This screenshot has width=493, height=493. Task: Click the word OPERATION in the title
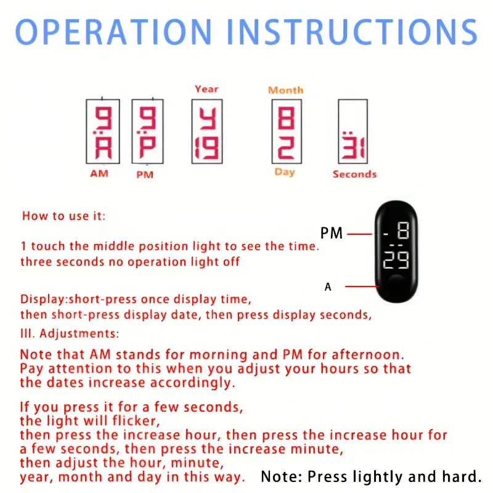pos(113,32)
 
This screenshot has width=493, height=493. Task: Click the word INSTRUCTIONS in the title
pos(352,32)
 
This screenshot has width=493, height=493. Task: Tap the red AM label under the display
pos(99,174)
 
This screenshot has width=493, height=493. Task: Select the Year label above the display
pos(206,89)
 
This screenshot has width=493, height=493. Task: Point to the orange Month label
pos(286,90)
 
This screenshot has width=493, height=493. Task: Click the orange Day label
pos(285,173)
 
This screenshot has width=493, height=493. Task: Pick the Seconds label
pos(355,174)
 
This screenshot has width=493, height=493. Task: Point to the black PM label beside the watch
pos(332,234)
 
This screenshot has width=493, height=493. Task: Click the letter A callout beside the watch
pos(328,287)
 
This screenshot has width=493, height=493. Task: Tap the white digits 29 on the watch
pos(396,260)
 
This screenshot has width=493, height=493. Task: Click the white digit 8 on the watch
pos(403,230)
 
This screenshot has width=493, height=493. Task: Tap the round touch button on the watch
pos(396,284)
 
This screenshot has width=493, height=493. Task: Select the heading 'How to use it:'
pos(64,216)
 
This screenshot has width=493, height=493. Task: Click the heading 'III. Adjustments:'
pos(70,333)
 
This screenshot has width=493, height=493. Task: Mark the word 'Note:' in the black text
pos(282,476)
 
